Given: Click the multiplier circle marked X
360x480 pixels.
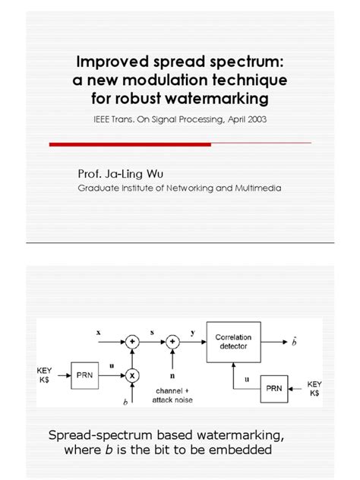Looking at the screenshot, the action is pyautogui.click(x=134, y=374).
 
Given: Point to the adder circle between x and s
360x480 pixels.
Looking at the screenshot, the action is pyautogui.click(x=134, y=342).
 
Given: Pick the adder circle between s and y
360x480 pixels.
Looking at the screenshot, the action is pyautogui.click(x=175, y=342).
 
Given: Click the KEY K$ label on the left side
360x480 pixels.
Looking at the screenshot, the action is pyautogui.click(x=46, y=374).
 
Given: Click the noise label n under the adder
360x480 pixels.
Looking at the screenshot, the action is pyautogui.click(x=175, y=375).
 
